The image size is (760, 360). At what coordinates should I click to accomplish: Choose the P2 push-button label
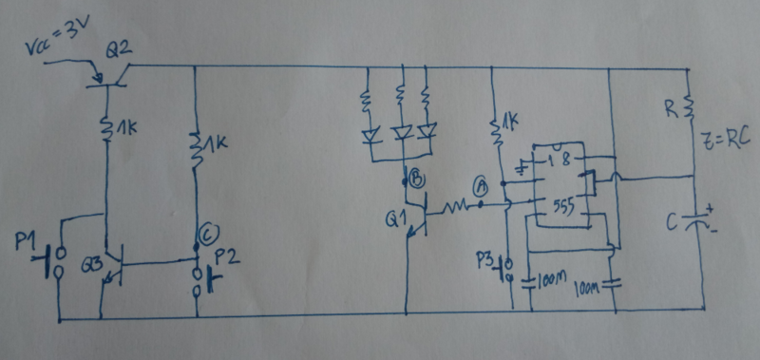tap(225, 256)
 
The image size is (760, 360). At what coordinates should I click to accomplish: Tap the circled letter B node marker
tap(416, 177)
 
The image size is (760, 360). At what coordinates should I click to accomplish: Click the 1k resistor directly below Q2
tap(107, 124)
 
